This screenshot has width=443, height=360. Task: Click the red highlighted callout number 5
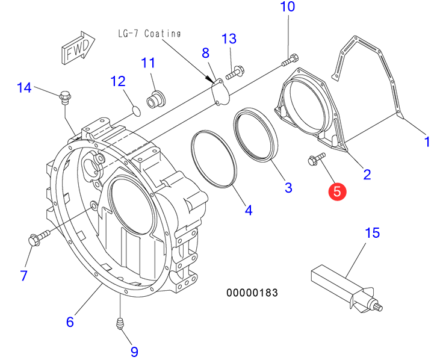point(337,192)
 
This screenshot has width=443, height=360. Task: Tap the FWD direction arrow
point(78,48)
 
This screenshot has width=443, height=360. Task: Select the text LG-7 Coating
point(149,34)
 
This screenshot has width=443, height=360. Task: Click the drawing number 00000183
point(252,293)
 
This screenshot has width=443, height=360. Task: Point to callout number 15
point(373,233)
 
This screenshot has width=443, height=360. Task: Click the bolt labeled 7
point(39,237)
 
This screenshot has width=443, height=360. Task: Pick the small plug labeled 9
point(120,323)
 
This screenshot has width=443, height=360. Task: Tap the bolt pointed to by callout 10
point(291,60)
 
